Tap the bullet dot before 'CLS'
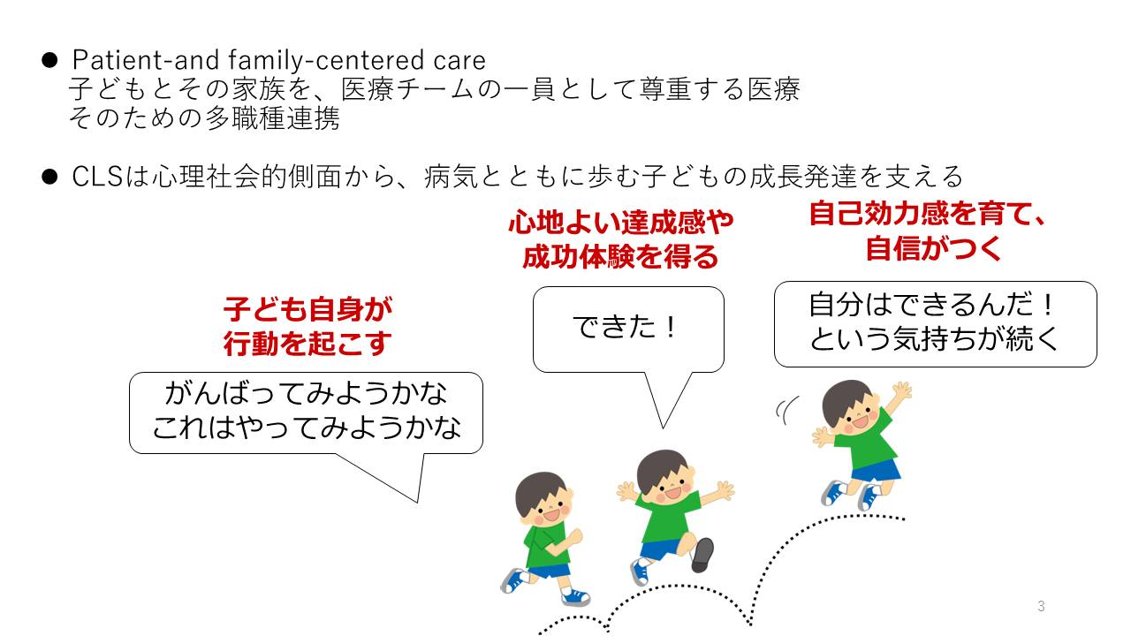coord(49,177)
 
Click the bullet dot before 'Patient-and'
coord(49,60)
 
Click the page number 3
coord(1041,606)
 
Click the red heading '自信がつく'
coord(934,248)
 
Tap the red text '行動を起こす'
coord(307,344)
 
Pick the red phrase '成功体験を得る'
coord(620,256)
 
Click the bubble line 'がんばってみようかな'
coord(307,393)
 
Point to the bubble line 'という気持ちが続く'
coord(935,338)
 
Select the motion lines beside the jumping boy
coord(786,410)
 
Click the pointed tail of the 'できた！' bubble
coord(663,428)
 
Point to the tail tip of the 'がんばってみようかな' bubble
coord(418,503)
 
